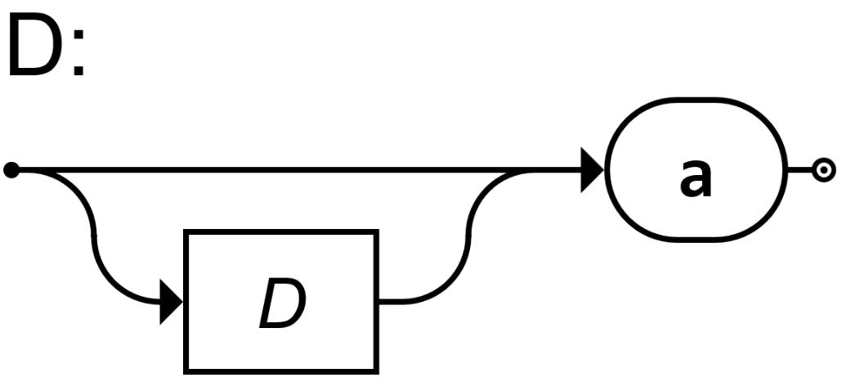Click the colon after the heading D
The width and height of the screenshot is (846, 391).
tap(78, 51)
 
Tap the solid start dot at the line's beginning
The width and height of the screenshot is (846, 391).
tap(11, 170)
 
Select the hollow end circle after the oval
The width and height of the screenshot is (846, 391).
tap(823, 170)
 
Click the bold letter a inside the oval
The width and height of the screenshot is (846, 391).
tap(696, 176)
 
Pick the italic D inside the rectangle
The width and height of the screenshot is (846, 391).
tap(283, 304)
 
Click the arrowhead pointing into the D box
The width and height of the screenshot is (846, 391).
tap(172, 303)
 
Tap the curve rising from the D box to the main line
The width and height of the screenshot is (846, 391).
tap(470, 237)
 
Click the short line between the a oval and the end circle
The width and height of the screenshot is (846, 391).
tap(799, 170)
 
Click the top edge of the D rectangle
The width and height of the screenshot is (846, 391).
tap(283, 233)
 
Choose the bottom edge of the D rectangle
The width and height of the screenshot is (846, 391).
tap(283, 371)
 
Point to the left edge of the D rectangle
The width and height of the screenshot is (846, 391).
tap(188, 327)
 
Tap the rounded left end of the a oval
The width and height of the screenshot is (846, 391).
tap(611, 170)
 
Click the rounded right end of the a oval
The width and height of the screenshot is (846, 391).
tap(782, 170)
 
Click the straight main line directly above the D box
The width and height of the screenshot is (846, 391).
tap(283, 170)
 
